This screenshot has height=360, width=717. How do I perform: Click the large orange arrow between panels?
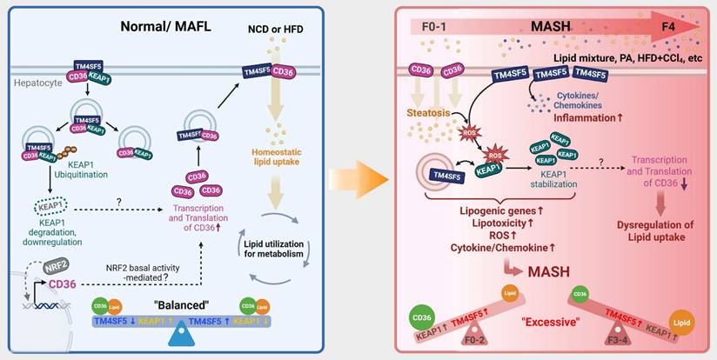(x=359, y=181)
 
